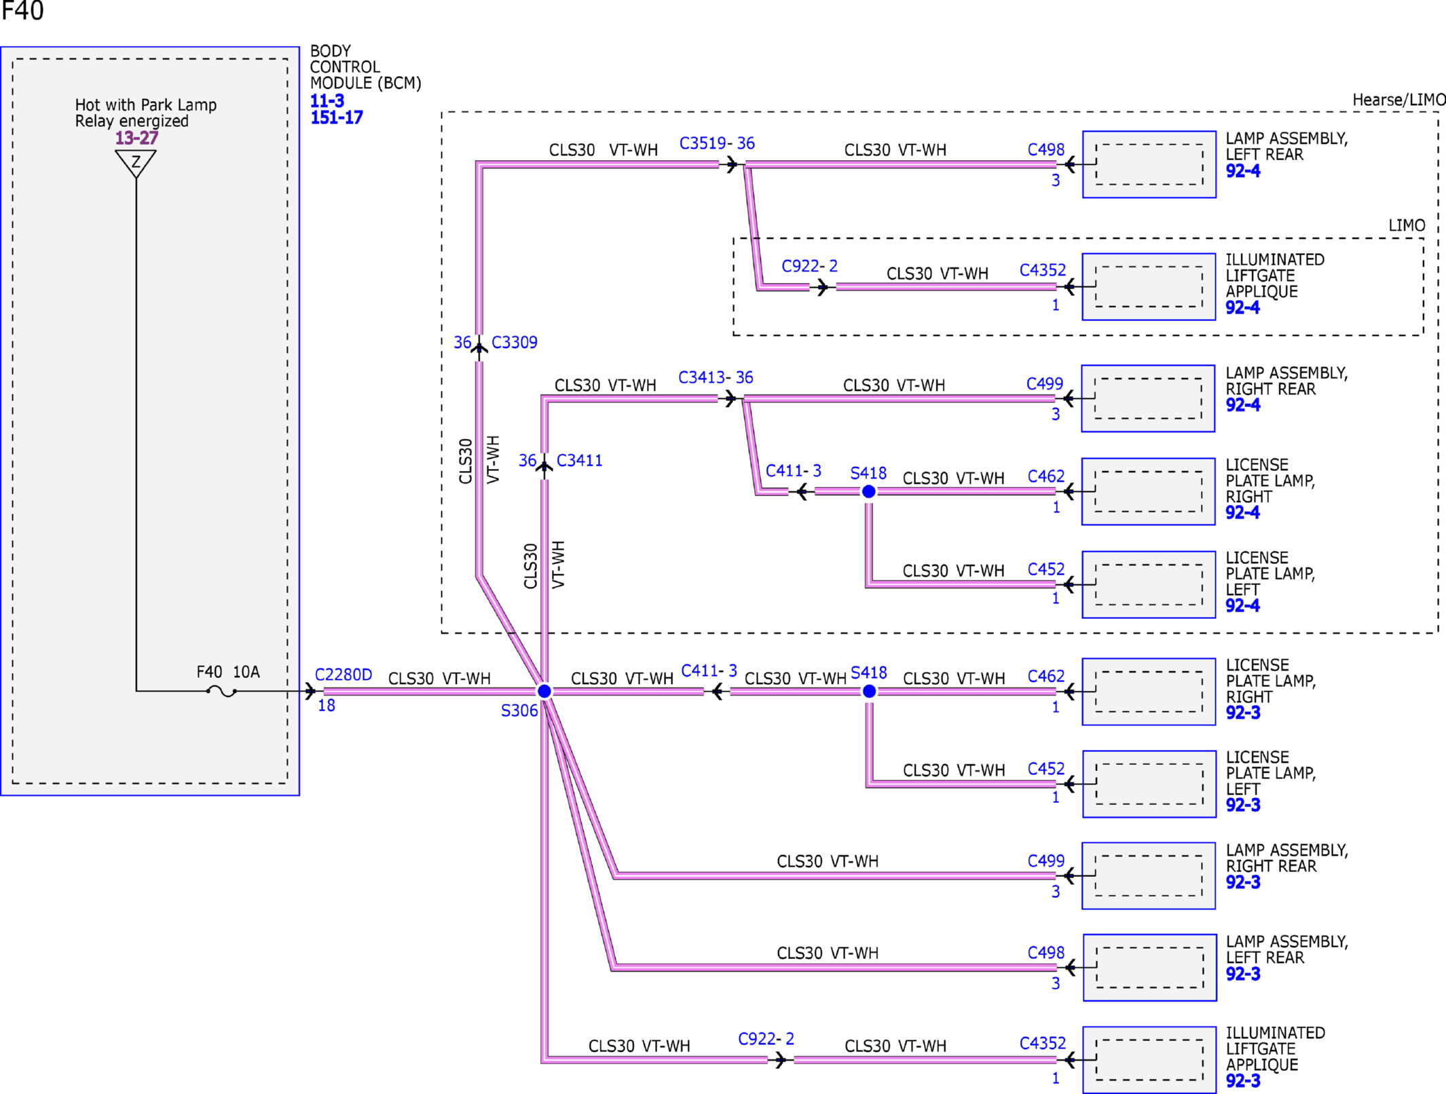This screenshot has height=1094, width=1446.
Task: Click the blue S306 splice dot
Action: coord(544,691)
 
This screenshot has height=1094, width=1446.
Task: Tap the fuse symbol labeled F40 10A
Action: coord(221,692)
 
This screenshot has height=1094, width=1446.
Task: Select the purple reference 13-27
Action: coord(136,138)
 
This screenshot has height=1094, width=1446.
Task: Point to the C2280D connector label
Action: coord(344,675)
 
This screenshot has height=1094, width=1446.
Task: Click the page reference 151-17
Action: coord(337,117)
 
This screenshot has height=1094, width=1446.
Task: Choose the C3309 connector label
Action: coord(514,342)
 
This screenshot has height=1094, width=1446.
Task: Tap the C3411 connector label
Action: coord(579,460)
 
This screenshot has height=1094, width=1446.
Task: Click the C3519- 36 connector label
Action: coord(717,143)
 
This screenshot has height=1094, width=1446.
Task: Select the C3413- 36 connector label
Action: coord(716,377)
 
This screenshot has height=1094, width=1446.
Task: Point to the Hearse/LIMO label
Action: coord(1398,100)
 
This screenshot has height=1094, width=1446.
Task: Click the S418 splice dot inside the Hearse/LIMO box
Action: coord(868,491)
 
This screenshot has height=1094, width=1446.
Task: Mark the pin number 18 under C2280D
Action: coord(327,706)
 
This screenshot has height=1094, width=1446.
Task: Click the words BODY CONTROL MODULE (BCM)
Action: coord(365,67)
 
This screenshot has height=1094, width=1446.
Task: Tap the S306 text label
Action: coord(519,711)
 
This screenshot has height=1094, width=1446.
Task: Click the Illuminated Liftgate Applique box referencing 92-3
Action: coord(1149,1059)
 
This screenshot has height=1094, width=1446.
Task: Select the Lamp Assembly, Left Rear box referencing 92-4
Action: coord(1149,164)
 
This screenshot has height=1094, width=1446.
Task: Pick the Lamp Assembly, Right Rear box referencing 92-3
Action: coord(1149,875)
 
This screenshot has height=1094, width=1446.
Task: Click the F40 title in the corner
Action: coord(22,11)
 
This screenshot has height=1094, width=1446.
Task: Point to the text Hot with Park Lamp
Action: coord(146,105)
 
